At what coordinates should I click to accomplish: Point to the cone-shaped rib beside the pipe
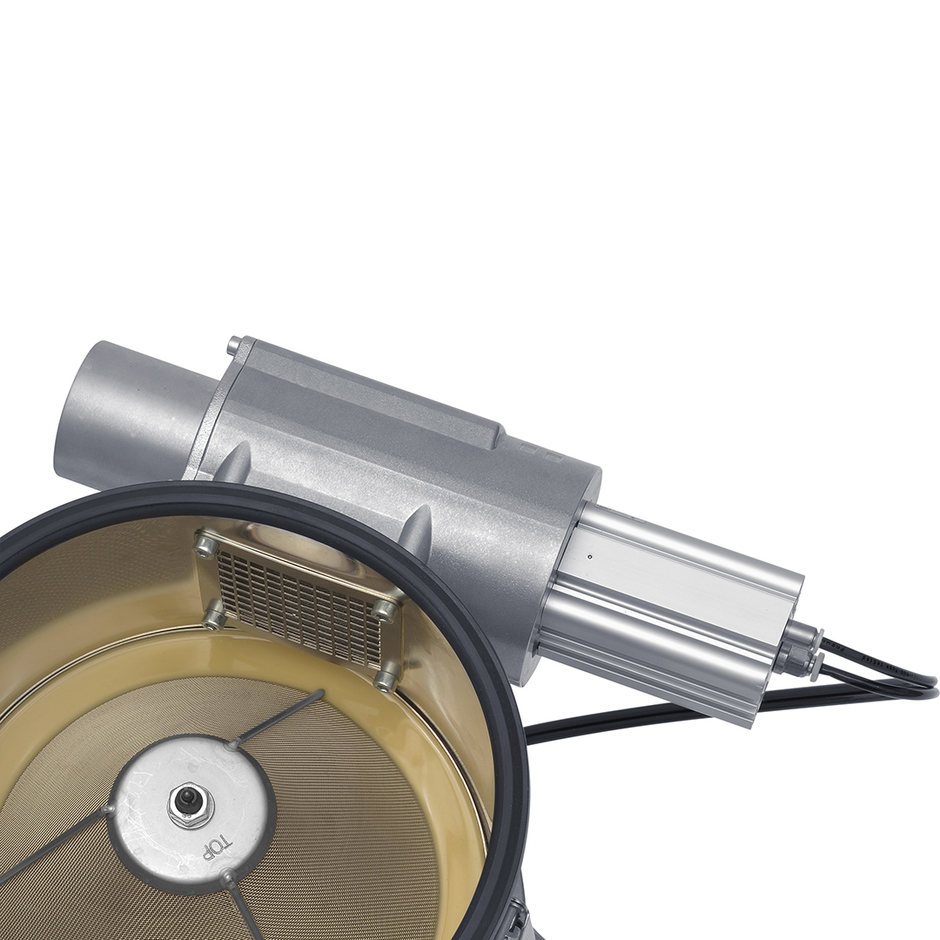point(234,464)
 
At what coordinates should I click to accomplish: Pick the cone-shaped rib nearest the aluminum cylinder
point(419,527)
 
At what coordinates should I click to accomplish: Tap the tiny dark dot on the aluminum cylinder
point(590,556)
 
